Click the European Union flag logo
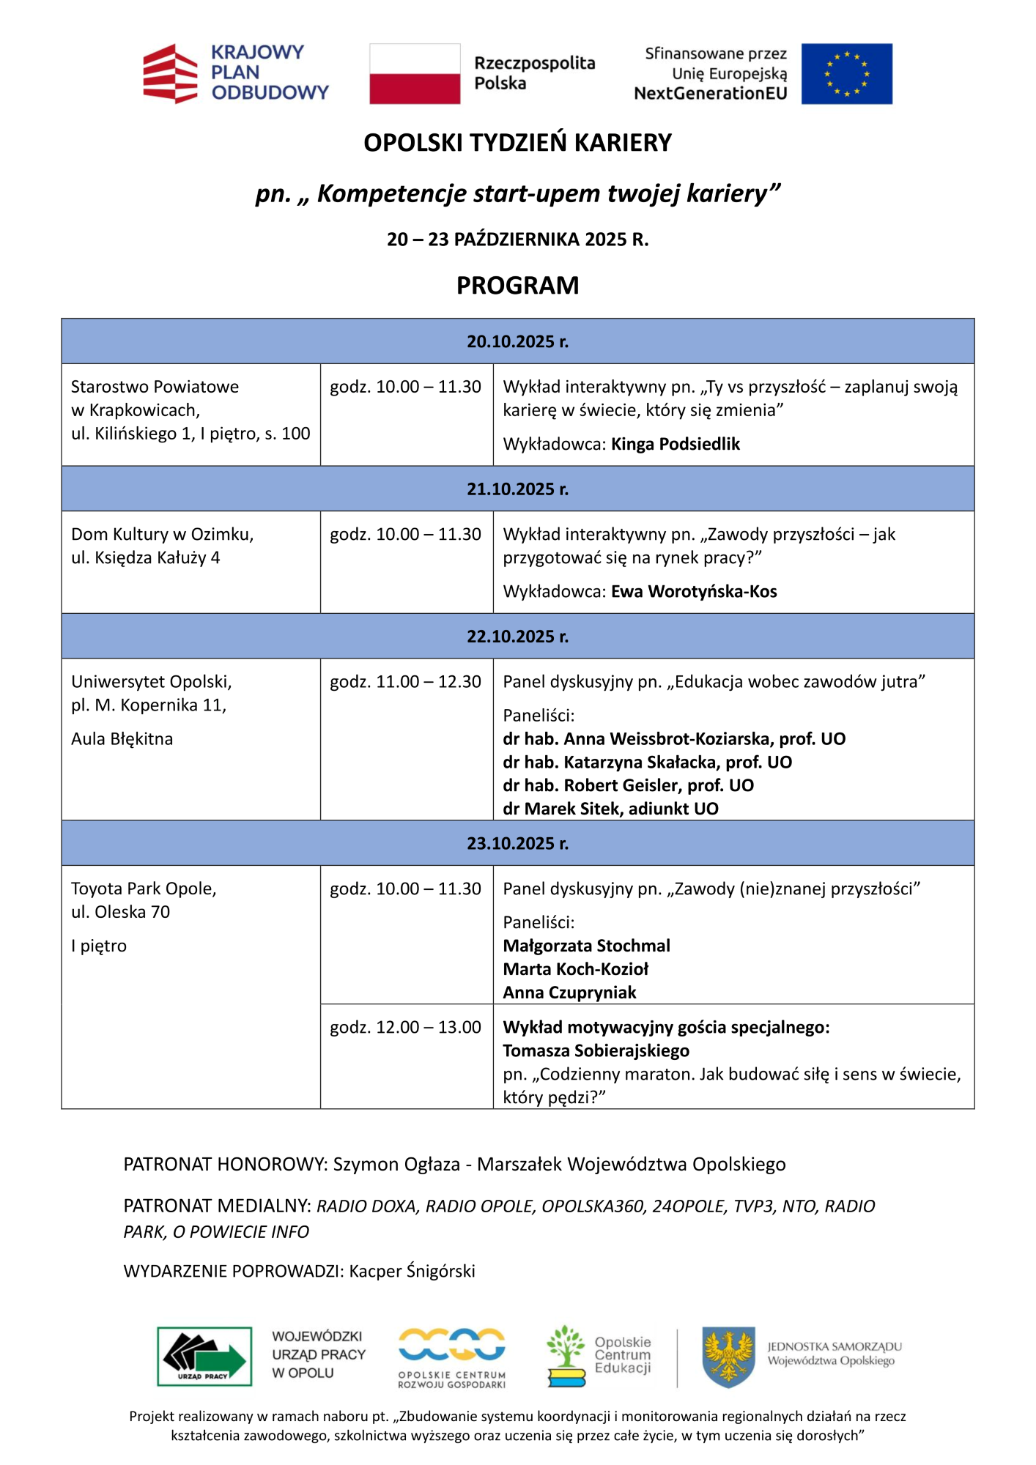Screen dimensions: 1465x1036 tap(846, 74)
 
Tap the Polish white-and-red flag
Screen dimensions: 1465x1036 tap(415, 74)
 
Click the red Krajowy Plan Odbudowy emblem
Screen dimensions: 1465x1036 tap(170, 74)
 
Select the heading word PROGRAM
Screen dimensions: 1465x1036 tap(517, 285)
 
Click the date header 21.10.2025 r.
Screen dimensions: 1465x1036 tap(517, 489)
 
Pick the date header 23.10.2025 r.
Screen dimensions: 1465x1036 tap(517, 843)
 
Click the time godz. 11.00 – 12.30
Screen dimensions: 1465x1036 tap(405, 682)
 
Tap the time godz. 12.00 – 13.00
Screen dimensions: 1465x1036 tap(405, 1028)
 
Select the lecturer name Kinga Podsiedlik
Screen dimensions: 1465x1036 tap(676, 445)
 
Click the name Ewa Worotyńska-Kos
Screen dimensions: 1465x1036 tap(694, 592)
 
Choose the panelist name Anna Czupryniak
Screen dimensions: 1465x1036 tap(569, 993)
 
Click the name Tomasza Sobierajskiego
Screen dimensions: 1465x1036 tap(596, 1051)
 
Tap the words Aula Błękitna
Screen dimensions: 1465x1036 tap(122, 739)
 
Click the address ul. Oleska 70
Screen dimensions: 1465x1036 tap(120, 912)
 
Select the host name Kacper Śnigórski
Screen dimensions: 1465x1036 tap(412, 1271)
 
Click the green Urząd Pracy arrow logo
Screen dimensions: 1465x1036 tap(204, 1357)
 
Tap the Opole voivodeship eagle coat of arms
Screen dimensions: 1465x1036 tap(728, 1357)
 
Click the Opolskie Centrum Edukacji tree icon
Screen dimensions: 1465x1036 tap(566, 1355)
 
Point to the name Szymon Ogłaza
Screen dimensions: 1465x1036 tap(396, 1165)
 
